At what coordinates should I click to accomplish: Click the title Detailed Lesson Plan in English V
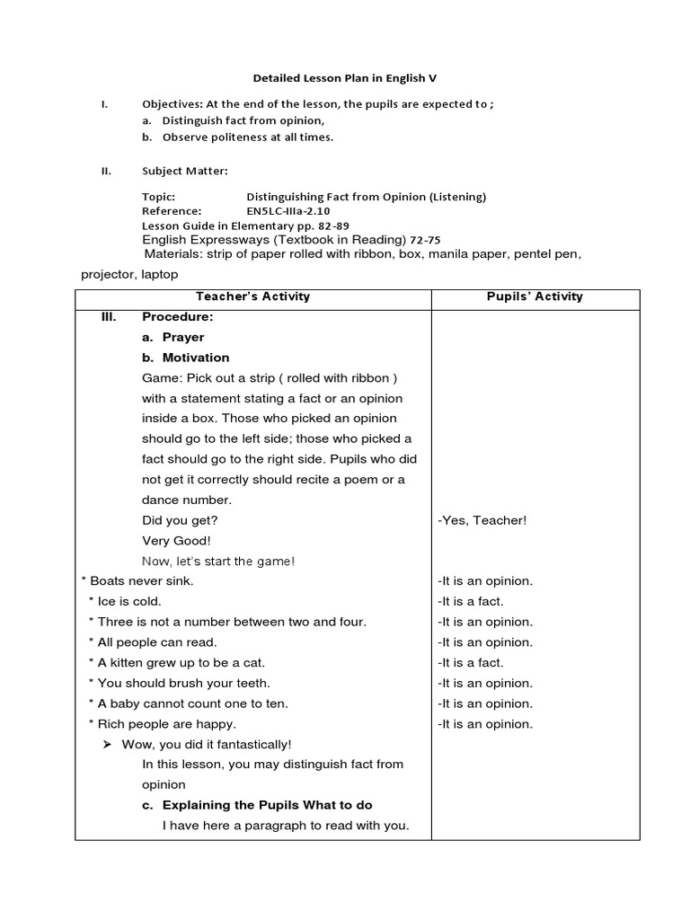tap(344, 79)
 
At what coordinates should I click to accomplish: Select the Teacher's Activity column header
tap(253, 296)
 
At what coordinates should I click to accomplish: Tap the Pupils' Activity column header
tap(535, 296)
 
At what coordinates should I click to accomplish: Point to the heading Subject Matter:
tap(184, 171)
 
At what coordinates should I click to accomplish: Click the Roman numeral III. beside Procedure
tap(112, 317)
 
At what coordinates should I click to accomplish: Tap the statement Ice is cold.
tap(129, 602)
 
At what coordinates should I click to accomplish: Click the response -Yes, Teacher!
tap(482, 520)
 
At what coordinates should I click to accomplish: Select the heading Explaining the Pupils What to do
tap(267, 805)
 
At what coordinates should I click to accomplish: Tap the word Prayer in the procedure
tap(183, 338)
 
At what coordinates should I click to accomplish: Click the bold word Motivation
tap(196, 358)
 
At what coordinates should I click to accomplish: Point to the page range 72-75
tap(425, 240)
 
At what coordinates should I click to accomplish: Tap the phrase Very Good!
tap(176, 541)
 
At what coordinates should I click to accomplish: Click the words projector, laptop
tap(129, 274)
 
